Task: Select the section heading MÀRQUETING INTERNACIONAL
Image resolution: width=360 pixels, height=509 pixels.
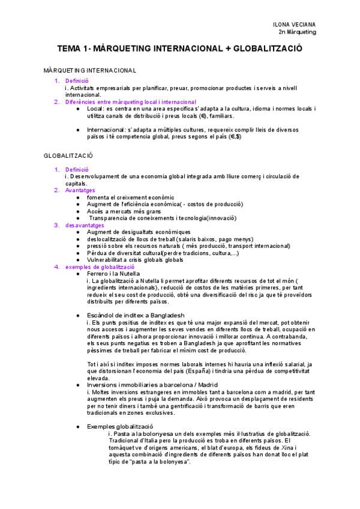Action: click(90, 70)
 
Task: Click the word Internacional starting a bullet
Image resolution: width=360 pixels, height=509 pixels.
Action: click(108, 130)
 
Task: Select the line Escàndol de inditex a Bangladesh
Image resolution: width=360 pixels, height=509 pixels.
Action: click(135, 315)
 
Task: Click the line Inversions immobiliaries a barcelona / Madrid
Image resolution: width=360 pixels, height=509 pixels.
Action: click(152, 385)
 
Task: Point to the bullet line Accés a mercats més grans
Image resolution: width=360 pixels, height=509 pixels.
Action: click(124, 211)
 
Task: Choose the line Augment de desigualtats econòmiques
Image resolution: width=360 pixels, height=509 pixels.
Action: click(139, 232)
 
